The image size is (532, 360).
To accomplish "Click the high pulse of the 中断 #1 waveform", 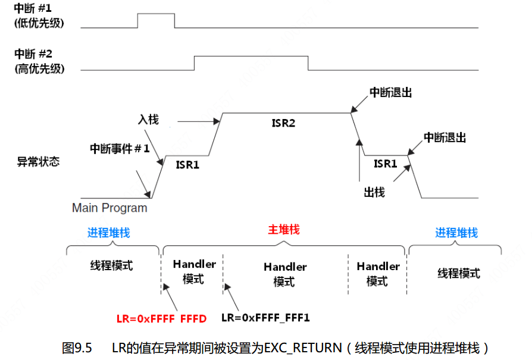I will (156, 14).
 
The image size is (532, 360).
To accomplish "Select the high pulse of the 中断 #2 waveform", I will (251, 56).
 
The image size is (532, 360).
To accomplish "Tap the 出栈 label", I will (374, 192).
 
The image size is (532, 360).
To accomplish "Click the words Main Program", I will (109, 208).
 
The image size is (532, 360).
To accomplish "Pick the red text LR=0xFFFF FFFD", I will (161, 318).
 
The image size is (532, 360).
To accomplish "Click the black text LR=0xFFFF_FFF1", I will (265, 318).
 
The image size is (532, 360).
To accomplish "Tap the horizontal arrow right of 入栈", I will (196, 123).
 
